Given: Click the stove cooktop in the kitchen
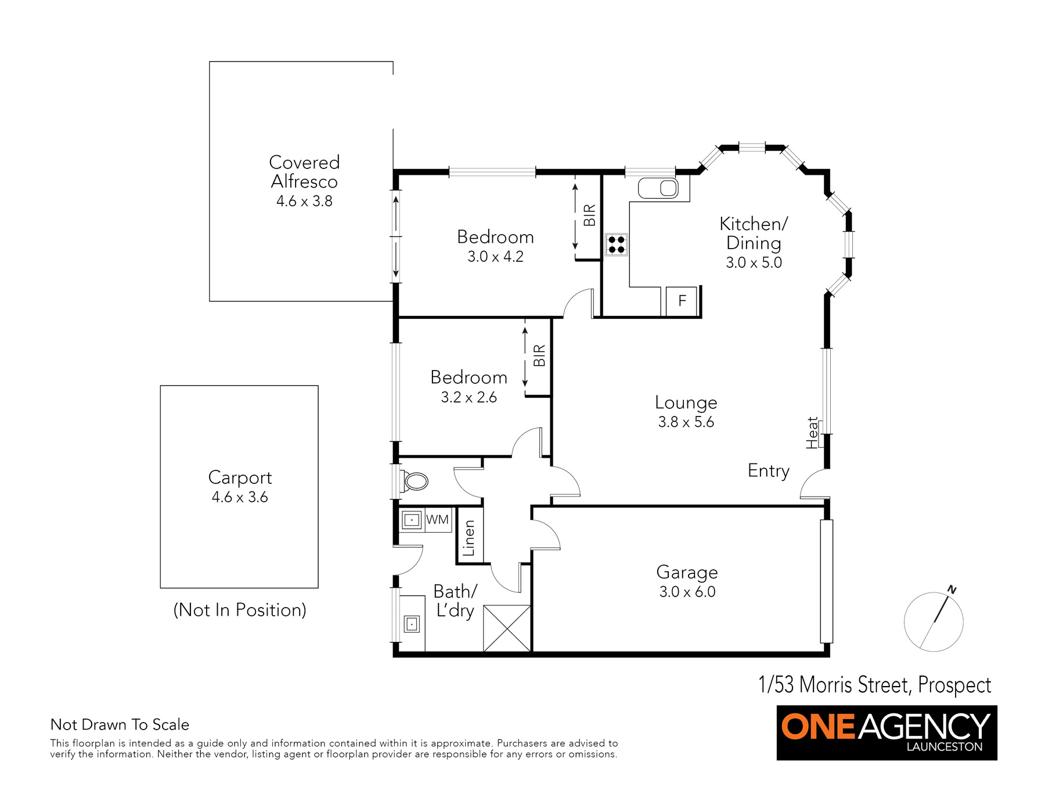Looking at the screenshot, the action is coord(616,245).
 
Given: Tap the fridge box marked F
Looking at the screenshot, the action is coord(682,301).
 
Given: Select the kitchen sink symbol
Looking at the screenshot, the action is coord(658,188).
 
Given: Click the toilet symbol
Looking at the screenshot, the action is coord(415,481).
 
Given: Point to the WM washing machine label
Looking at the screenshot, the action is coord(437,519).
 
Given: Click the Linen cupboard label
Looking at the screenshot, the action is coord(469,538).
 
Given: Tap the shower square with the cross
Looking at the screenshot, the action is coord(507,629).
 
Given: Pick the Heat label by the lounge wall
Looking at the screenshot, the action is coord(812,433).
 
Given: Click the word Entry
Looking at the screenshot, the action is coord(769,471).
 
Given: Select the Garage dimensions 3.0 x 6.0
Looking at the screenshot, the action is coord(687,592).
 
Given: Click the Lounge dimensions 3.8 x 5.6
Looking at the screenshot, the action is coord(686,422).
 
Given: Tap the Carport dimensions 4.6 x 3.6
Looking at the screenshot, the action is coord(240,497).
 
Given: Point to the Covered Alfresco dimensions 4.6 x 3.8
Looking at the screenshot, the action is coord(304,201).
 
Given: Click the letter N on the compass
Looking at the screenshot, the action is coord(952,590).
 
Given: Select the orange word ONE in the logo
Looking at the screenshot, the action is coord(819,727).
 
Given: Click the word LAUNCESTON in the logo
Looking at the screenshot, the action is coord(945,747).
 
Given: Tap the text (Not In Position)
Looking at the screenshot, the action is coord(240,610).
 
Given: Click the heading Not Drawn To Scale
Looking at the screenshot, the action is coord(120,724).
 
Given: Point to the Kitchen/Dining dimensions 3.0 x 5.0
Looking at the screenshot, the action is coord(754,263).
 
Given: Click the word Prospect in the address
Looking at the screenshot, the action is coord(955,685).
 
